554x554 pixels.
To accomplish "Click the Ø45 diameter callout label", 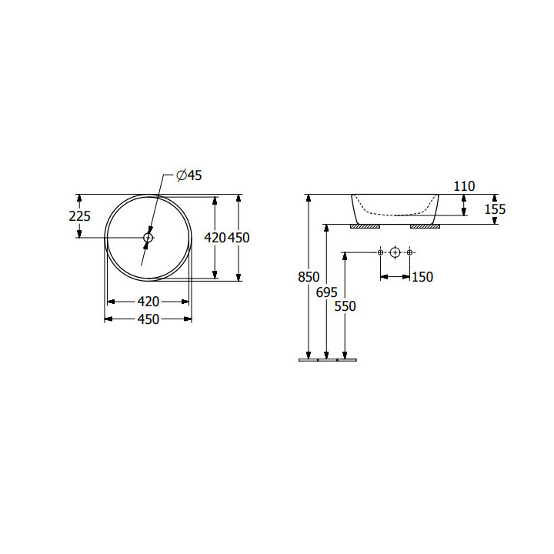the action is (189, 175).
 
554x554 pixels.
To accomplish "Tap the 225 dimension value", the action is (79, 216).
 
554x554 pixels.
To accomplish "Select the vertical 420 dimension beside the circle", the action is (215, 238).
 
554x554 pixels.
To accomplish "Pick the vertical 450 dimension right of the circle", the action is (239, 238).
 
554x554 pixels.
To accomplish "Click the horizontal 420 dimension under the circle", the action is (149, 302).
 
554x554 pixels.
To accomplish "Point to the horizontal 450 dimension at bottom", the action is (149, 319).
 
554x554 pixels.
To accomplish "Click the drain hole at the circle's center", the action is (148, 238).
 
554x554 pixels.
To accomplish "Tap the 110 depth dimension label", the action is (464, 186).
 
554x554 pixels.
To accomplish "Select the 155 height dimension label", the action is (495, 209).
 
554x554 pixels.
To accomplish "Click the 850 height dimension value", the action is (309, 277).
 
